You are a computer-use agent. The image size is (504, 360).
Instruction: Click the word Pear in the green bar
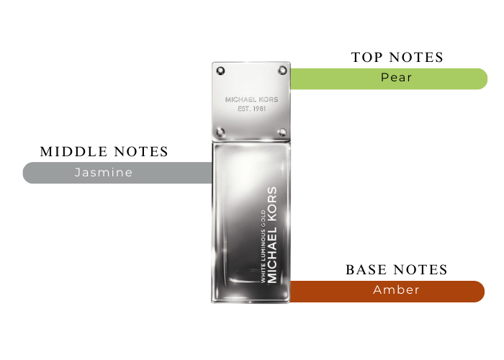point(396,78)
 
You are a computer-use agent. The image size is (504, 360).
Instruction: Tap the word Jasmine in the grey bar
point(104,173)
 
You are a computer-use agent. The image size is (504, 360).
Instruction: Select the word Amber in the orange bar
point(396,290)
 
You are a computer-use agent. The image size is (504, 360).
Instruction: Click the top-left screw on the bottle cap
point(220,71)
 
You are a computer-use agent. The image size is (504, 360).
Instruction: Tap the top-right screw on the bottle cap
point(282,71)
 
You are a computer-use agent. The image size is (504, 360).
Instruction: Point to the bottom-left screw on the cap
point(220,132)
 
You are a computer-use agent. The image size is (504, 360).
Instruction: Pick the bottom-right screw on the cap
point(282,132)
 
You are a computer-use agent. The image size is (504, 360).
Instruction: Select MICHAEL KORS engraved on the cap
point(251,100)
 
